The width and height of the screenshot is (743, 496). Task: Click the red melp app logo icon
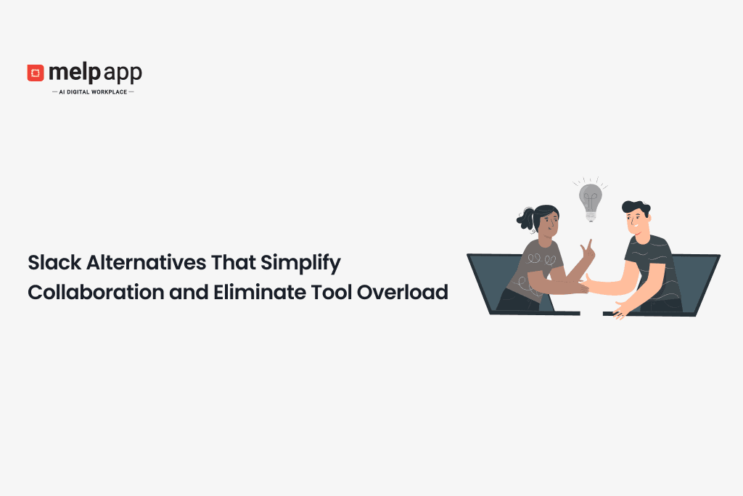36,73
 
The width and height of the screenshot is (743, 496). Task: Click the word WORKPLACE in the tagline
110,92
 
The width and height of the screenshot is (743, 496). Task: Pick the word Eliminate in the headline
248,292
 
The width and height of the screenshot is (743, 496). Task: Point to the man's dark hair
635,208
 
